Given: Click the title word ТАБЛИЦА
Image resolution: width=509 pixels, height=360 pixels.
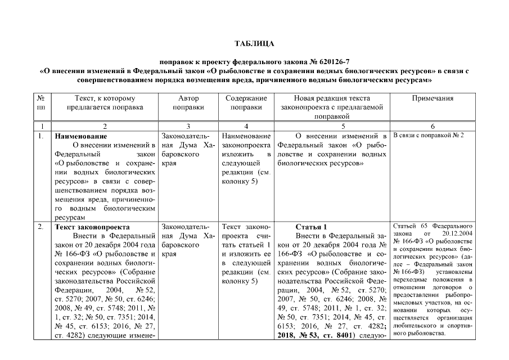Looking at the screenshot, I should coord(254,43).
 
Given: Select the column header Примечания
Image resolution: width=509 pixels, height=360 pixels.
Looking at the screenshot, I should coord(432,98).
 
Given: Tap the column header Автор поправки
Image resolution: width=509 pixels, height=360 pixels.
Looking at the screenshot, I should coord(188,102).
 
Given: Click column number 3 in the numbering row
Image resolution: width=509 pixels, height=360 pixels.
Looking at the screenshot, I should coord(188,126).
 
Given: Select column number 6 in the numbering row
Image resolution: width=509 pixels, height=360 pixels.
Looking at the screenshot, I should coord(432,126).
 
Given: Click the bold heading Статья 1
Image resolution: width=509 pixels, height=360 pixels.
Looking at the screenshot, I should coord(310,227).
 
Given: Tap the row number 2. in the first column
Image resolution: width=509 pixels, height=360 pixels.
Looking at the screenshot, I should coord(40,227).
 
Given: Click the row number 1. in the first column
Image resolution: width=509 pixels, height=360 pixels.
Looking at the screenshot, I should coord(40,136).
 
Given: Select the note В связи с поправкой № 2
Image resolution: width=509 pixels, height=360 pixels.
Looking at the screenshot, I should coord(428,136).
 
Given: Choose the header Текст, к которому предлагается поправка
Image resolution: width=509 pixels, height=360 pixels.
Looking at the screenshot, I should coord(105,102).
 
